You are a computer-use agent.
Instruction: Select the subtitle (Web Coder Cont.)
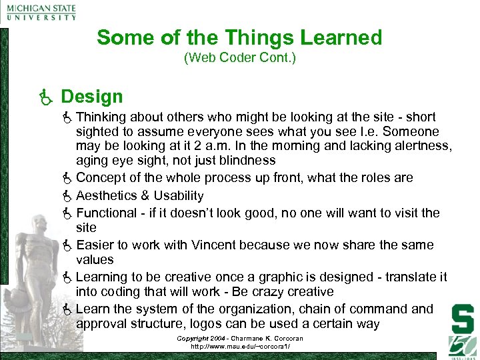tap(239, 59)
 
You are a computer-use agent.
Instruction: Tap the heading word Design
tap(92, 97)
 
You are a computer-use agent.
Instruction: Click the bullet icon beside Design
tap(46, 98)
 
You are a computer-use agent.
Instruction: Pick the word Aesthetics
tap(106, 195)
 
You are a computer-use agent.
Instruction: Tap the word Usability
tap(178, 195)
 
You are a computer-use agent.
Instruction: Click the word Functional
tap(106, 213)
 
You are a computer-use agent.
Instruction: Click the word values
tap(95, 259)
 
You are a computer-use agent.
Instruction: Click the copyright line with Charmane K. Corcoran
tap(239, 339)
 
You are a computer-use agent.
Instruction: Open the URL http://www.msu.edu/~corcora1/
tap(239, 347)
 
